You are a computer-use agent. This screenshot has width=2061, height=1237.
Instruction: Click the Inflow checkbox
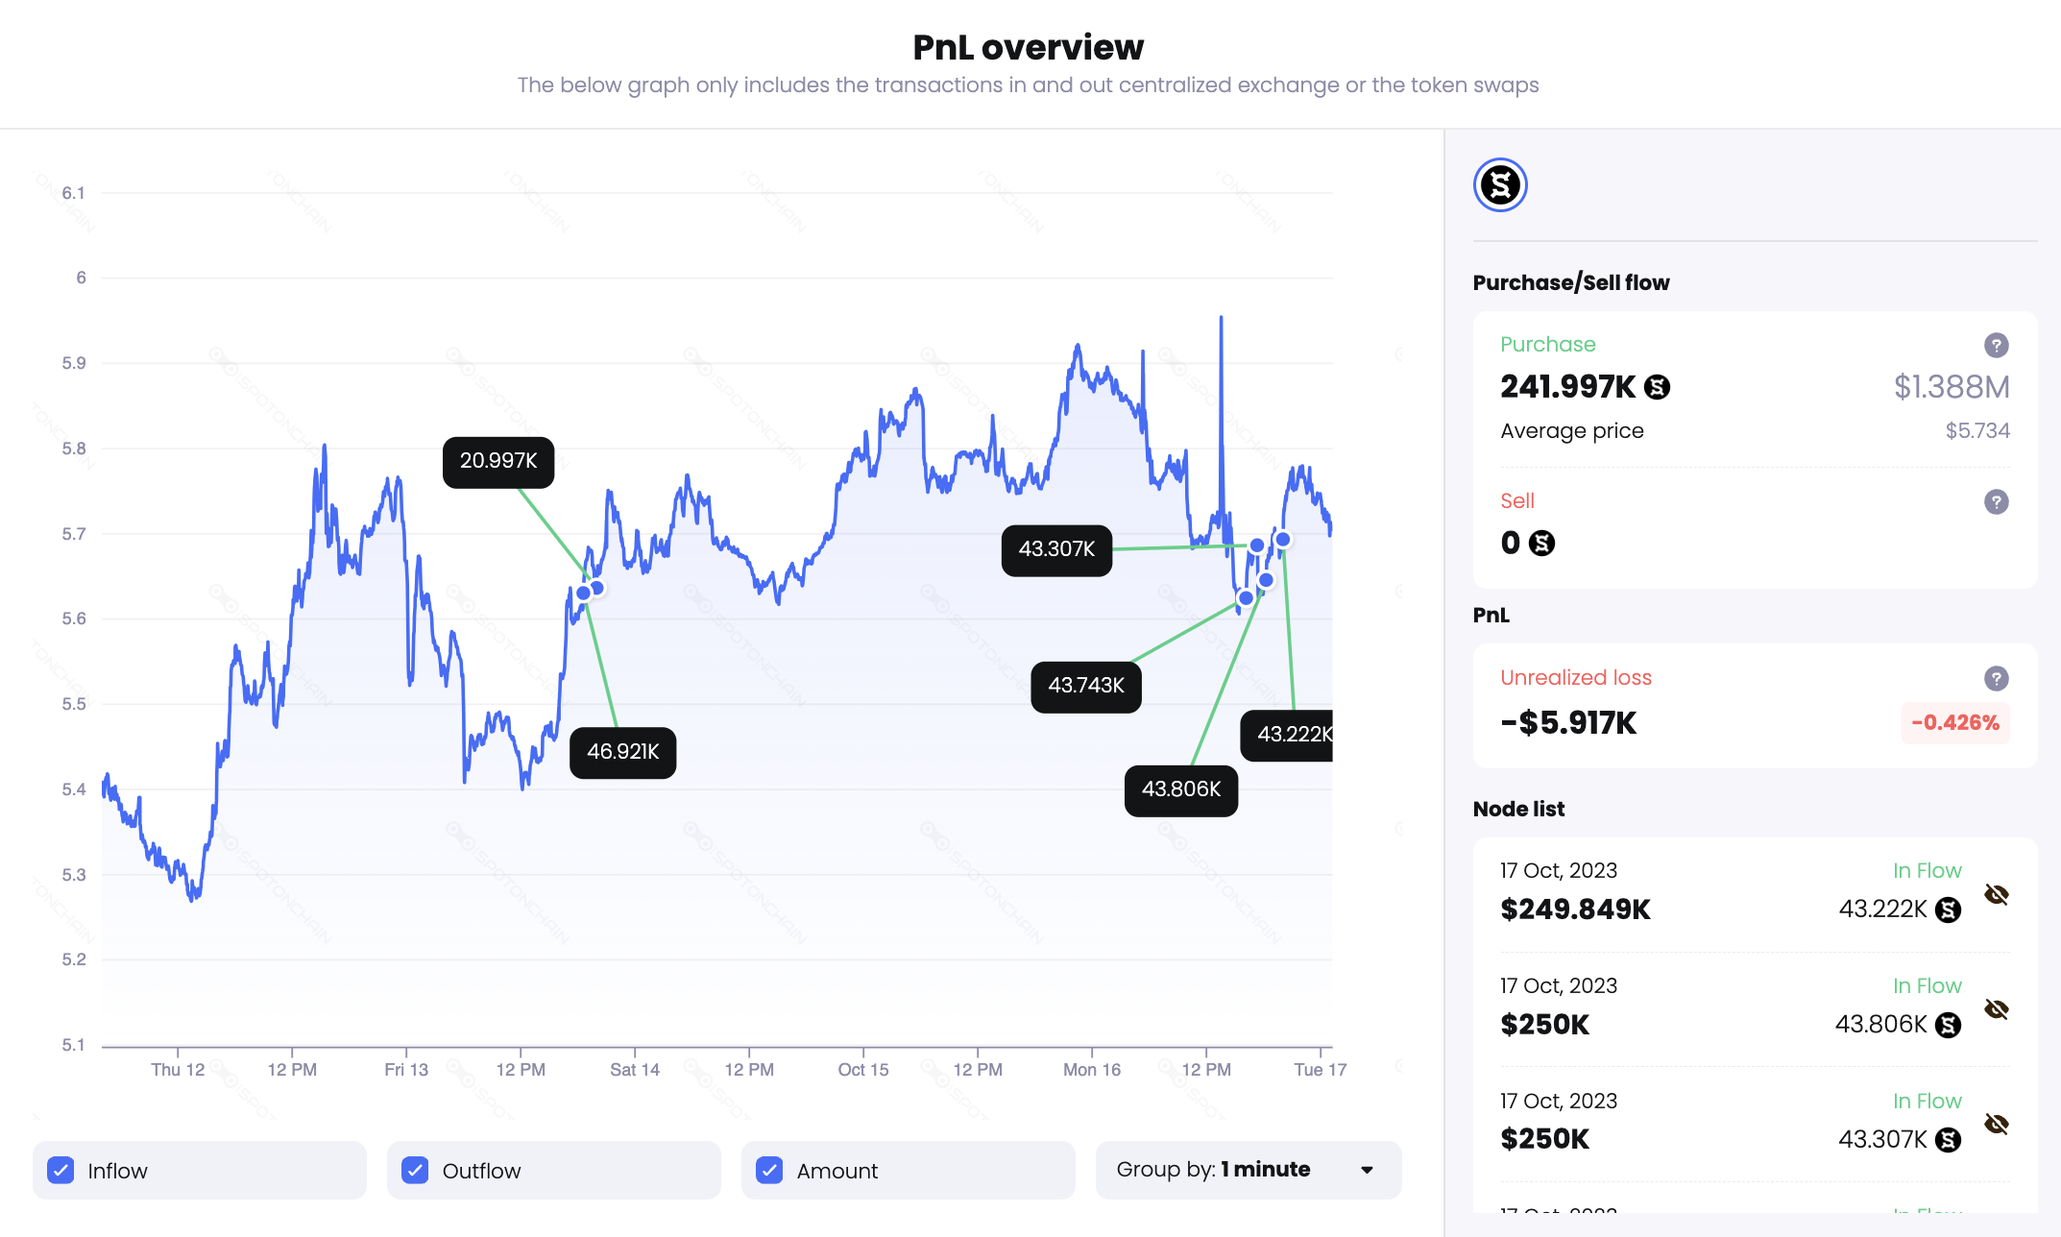[61, 1170]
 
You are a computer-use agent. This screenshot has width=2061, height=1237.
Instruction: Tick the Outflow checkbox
[415, 1170]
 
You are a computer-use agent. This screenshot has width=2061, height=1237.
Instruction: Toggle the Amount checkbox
[769, 1170]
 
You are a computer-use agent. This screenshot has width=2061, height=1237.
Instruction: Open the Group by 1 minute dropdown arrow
[1367, 1170]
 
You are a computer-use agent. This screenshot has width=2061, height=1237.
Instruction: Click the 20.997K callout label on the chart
[498, 461]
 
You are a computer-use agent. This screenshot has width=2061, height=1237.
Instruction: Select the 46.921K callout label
[622, 752]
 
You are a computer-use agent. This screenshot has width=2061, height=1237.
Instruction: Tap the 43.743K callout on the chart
[1085, 686]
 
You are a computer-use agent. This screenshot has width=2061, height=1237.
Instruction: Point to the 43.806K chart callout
[1180, 789]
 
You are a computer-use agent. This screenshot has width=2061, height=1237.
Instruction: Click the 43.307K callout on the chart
[1056, 549]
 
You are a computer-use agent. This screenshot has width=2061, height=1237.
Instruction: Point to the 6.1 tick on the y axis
[73, 193]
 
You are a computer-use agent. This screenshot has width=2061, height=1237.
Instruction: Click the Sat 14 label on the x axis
[635, 1070]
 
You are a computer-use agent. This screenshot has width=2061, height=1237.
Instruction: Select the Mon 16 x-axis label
[1092, 1070]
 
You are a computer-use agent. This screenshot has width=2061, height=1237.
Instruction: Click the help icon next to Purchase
[1996, 345]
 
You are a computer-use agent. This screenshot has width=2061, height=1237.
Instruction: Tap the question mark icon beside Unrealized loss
[1996, 678]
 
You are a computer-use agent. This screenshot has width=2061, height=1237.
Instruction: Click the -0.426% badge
[1954, 723]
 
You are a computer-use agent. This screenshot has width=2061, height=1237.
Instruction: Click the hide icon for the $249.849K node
[1996, 895]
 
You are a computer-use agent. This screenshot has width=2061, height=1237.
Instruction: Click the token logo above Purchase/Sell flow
[1500, 185]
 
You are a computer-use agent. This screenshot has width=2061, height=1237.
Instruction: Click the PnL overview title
[1028, 47]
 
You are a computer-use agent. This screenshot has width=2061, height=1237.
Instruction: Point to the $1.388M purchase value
[1951, 387]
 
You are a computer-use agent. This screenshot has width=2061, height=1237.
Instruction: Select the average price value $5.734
[1976, 431]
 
